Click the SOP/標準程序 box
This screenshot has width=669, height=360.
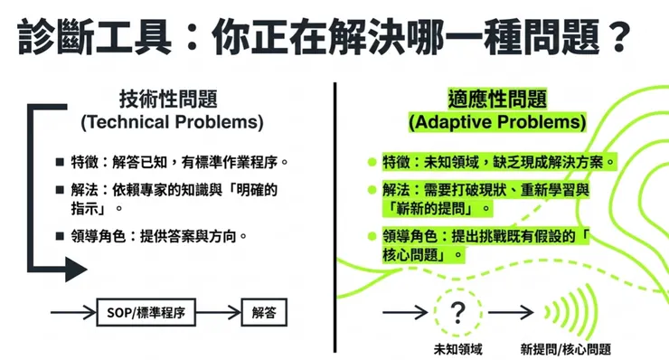click(146, 313)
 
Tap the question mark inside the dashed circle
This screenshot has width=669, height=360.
click(458, 313)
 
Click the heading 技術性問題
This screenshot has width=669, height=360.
click(172, 98)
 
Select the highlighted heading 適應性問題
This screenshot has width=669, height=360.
click(496, 98)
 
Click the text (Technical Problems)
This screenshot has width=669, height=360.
click(172, 120)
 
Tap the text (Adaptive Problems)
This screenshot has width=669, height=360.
click(496, 120)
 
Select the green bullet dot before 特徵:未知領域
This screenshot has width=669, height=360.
click(371, 163)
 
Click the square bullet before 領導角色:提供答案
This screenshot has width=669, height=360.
click(60, 236)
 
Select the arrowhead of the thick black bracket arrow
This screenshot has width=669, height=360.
click(76, 268)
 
